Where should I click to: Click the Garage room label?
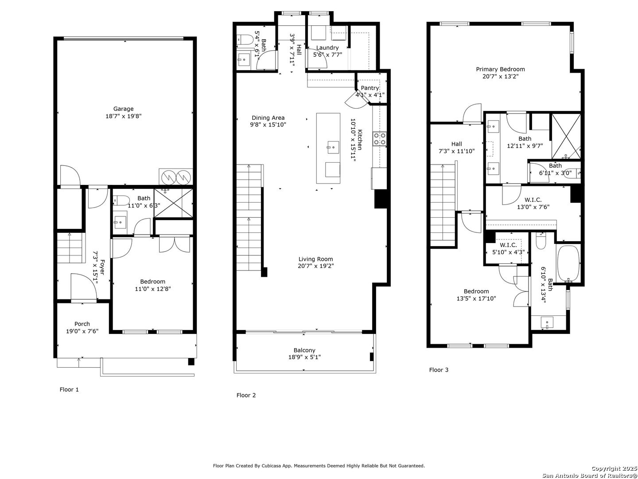pos(123,109)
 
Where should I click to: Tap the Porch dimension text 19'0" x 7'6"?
pos(82,331)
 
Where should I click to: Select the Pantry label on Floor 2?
pos(370,88)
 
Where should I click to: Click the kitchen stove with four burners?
pos(380,139)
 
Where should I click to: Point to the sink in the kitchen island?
pos(333,147)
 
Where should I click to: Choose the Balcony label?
pos(304,350)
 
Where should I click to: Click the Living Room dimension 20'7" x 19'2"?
pos(315,266)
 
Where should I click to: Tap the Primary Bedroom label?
pos(500,69)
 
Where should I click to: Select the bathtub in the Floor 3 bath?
pos(568,263)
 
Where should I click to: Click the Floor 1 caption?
pos(69,389)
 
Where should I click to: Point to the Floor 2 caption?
pos(246,395)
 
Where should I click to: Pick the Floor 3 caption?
pos(439,369)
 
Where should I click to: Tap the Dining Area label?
pos(268,118)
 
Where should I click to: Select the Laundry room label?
pos(327,48)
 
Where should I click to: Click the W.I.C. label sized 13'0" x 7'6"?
pos(533,200)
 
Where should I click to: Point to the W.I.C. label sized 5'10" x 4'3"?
pos(508,245)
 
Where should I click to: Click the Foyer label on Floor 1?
pos(102,267)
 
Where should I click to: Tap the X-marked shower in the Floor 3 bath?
pos(566,137)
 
